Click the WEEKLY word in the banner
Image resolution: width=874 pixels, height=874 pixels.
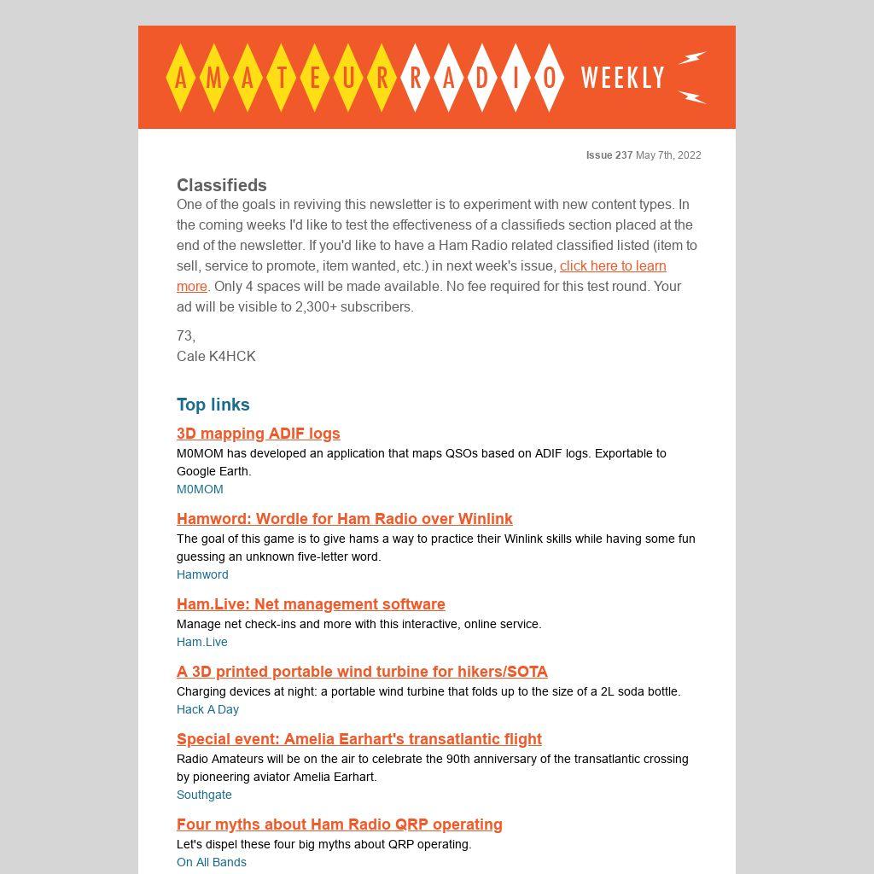tap(622, 78)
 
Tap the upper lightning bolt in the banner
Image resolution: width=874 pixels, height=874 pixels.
tap(692, 58)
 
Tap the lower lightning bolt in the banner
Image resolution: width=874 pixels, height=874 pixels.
tap(692, 96)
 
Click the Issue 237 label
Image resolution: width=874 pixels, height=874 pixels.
tap(609, 155)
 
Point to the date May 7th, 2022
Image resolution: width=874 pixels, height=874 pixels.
tap(668, 155)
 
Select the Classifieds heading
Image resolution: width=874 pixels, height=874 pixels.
tap(222, 185)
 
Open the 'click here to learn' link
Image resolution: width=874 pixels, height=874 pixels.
tap(613, 265)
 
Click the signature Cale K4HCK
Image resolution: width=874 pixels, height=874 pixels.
tap(216, 356)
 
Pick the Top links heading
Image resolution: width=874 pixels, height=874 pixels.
tap(213, 405)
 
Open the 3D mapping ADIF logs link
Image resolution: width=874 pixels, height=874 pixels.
tap(259, 434)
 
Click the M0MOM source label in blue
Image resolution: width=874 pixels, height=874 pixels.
tap(200, 489)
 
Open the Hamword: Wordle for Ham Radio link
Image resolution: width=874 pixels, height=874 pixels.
tap(345, 519)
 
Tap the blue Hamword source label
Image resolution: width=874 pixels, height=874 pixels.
tap(202, 574)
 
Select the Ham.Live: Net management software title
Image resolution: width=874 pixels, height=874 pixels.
tap(311, 604)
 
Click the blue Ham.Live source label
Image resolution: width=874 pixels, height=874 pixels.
tap(202, 642)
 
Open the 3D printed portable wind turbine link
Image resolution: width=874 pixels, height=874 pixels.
tap(362, 672)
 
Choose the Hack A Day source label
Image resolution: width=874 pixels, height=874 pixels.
tap(207, 709)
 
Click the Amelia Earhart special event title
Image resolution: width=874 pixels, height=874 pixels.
tap(359, 739)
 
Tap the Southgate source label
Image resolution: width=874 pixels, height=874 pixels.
tap(204, 795)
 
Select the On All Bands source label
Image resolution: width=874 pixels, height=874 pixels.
tap(212, 862)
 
